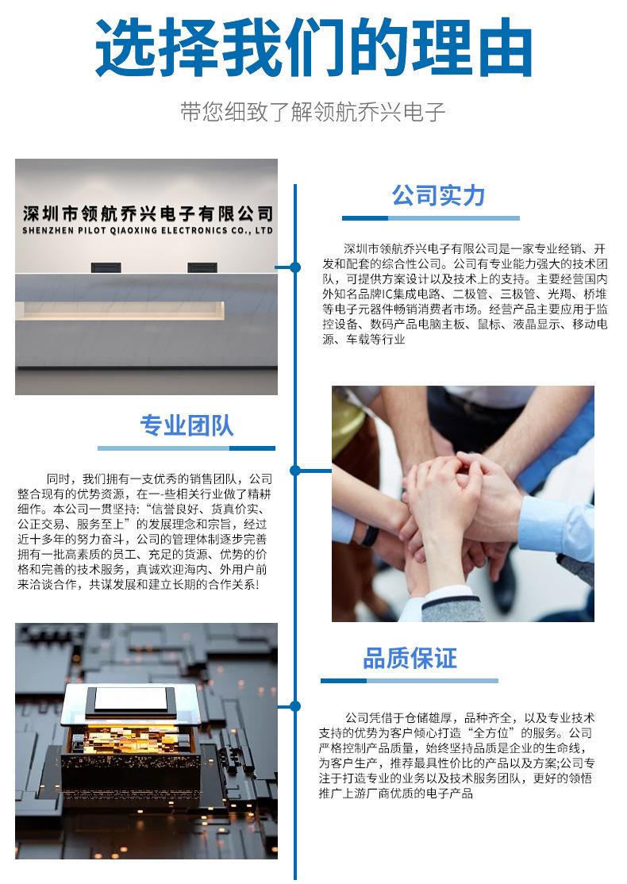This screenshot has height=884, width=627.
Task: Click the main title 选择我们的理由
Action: pos(313,48)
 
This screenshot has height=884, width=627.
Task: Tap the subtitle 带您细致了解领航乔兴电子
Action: pos(313,112)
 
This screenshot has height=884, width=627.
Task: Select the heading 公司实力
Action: pos(438,196)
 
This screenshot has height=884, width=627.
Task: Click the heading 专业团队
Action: pos(187,425)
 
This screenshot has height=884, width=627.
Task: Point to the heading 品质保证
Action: pos(410,658)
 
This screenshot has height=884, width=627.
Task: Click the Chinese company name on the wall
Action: pos(148,213)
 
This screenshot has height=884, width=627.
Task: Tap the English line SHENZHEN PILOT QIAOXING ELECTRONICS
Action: pos(148,231)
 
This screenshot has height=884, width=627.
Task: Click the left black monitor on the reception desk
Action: pos(106,267)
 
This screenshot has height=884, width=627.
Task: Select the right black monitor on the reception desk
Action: pos(202,267)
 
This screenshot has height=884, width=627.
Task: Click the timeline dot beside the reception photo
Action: pos(295,267)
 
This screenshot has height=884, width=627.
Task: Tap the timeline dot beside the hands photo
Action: pos(295,471)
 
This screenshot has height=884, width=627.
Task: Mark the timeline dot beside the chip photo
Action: pos(295,705)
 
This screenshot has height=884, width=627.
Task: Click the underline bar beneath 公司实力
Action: pos(431,218)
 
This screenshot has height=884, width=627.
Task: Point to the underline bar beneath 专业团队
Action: pos(187,448)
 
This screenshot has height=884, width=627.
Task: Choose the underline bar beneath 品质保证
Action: pos(410,681)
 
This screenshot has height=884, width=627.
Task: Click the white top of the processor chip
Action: pos(132,699)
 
